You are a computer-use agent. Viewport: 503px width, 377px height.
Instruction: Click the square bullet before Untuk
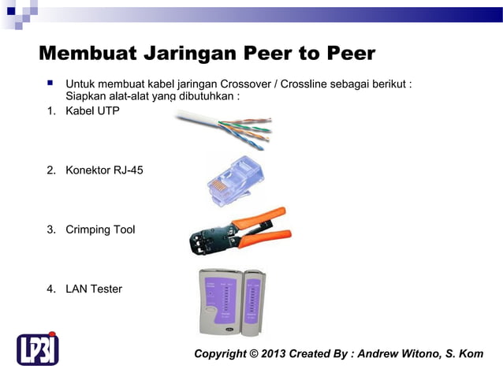click(49, 83)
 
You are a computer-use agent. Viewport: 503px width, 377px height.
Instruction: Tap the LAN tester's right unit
click(251, 300)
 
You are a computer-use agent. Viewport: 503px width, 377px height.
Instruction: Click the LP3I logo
click(38, 348)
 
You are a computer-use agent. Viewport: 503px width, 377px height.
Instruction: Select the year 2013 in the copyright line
click(272, 353)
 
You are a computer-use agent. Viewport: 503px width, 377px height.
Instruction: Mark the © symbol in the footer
click(254, 353)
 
